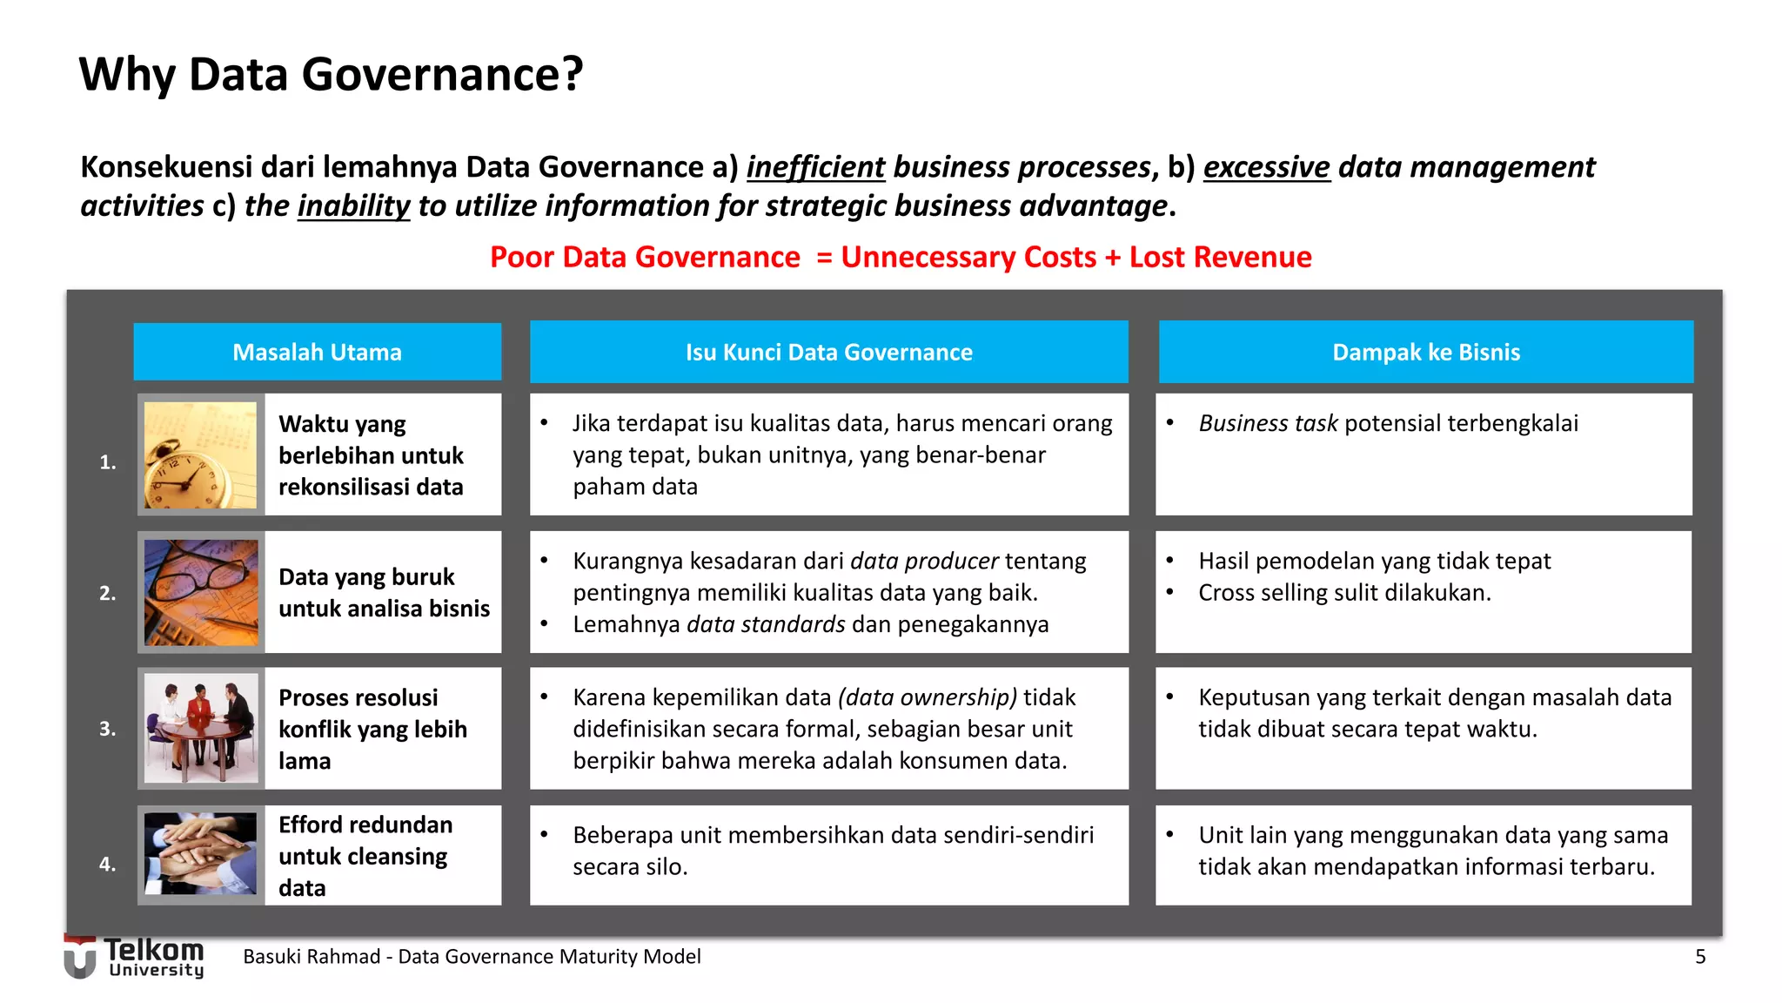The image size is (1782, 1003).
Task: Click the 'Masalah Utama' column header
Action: [x=317, y=352]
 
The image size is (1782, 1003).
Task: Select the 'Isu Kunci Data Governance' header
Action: [x=828, y=352]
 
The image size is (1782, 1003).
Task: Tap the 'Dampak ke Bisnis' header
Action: [x=1425, y=352]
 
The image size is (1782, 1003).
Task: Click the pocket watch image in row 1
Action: [x=200, y=454]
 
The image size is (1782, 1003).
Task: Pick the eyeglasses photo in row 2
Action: [x=200, y=592]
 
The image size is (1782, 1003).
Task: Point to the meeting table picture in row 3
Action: [x=200, y=728]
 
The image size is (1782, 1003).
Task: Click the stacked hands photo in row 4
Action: [x=200, y=853]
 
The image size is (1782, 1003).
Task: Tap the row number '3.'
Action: [x=107, y=729]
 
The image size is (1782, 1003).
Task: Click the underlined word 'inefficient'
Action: [x=815, y=166]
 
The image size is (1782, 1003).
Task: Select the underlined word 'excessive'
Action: [x=1266, y=166]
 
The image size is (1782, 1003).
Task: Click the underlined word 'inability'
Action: [x=353, y=205]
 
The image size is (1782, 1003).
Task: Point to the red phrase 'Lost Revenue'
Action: [x=1220, y=257]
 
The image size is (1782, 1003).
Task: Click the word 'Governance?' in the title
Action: [x=442, y=74]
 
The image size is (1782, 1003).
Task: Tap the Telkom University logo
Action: [x=135, y=956]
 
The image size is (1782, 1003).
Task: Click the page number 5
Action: [x=1699, y=957]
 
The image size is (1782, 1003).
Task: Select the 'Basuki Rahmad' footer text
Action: [x=311, y=957]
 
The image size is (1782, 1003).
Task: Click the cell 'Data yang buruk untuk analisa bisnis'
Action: [x=383, y=592]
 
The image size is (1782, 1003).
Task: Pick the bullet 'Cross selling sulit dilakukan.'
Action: [x=1344, y=593]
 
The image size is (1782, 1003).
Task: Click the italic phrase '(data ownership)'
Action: [x=927, y=697]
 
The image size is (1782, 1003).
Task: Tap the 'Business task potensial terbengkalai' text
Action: [x=1388, y=423]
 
